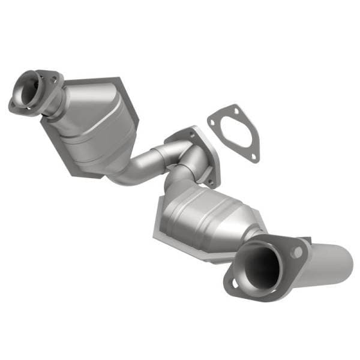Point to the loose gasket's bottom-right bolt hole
tap(254, 155)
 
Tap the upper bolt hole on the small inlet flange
tap(54, 79)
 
